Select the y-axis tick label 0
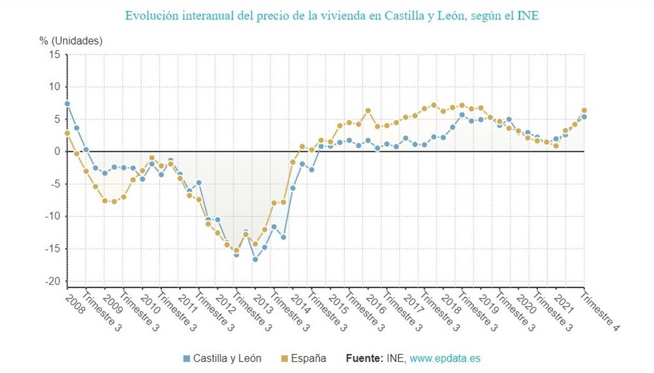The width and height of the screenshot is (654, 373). pos(56,151)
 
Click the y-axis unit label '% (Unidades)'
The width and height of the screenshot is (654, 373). pos(71,40)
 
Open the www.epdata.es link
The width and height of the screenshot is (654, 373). pos(445,358)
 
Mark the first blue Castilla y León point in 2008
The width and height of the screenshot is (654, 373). pos(67,104)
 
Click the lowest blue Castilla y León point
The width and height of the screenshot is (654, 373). pos(255,259)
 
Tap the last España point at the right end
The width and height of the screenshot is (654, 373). pos(584,110)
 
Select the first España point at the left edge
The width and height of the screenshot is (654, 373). pos(67,133)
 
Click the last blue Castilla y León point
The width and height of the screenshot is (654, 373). pos(584,117)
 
